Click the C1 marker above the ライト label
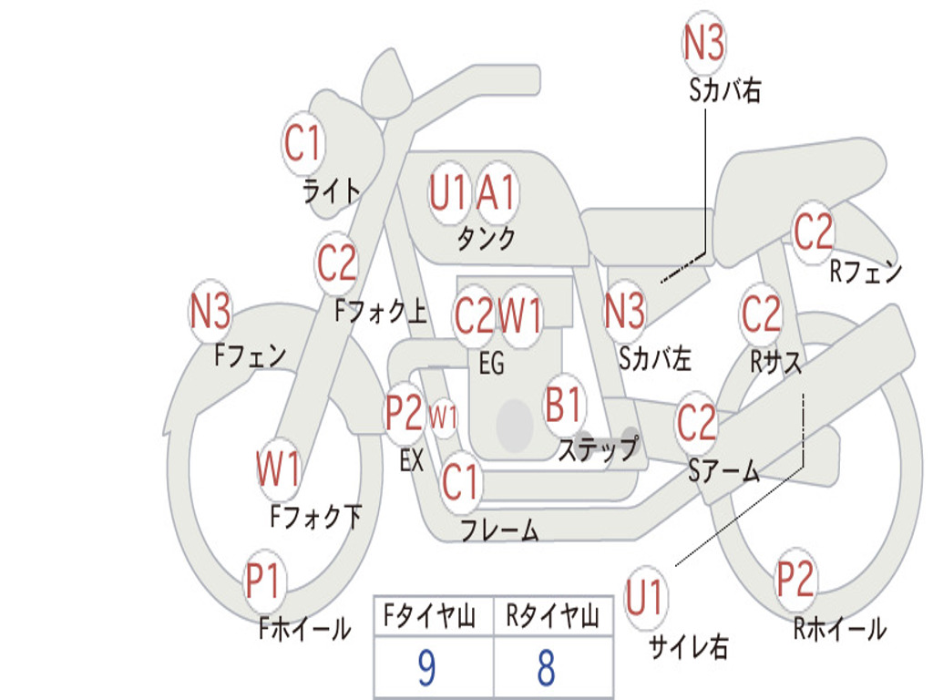click(x=302, y=143)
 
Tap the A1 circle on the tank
click(x=497, y=193)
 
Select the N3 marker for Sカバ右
click(x=703, y=42)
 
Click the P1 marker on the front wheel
click(x=263, y=581)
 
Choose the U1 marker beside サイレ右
click(x=645, y=599)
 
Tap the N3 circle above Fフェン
click(x=210, y=313)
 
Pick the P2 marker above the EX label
click(x=404, y=413)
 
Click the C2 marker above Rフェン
click(x=813, y=232)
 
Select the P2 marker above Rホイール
click(x=795, y=579)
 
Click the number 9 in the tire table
click(x=426, y=669)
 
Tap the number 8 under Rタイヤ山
click(x=546, y=669)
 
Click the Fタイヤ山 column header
click(x=430, y=618)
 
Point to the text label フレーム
click(x=499, y=530)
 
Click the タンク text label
click(x=486, y=239)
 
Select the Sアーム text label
click(x=724, y=470)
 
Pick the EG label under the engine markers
click(x=491, y=364)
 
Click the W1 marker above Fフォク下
click(x=278, y=470)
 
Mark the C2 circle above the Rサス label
click(x=761, y=314)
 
